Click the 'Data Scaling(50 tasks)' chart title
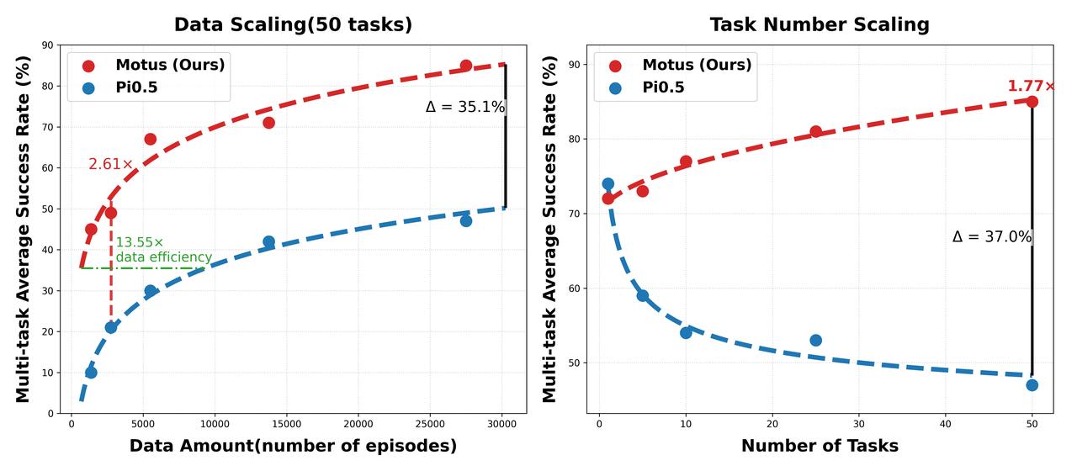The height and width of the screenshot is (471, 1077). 293,24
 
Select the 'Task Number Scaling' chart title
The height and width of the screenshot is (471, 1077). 820,24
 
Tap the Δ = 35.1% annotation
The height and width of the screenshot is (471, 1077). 464,108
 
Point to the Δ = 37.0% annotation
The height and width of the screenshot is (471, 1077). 991,237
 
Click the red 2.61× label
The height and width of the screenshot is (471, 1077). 111,165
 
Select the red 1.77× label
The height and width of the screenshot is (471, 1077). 1031,87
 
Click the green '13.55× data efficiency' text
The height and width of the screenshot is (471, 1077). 163,250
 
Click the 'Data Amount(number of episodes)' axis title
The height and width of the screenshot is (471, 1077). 293,446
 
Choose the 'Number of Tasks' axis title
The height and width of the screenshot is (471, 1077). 820,446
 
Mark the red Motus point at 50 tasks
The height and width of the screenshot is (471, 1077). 1032,102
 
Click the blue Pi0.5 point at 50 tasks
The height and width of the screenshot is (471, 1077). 1032,385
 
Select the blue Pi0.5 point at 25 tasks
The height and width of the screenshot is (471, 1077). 815,341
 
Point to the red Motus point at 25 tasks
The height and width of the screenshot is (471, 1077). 815,131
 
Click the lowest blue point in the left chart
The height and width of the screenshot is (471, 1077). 91,373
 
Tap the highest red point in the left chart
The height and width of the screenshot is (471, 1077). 465,66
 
